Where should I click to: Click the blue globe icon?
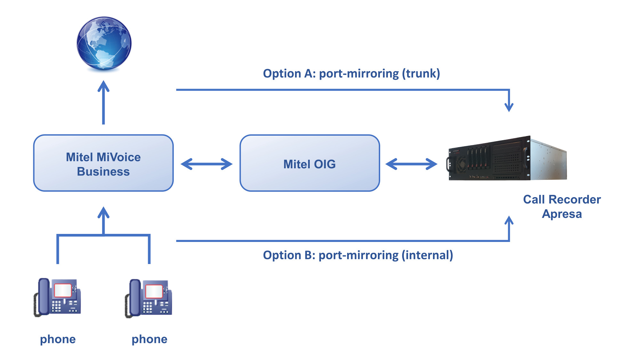(x=104, y=43)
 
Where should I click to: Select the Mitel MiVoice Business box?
(x=103, y=163)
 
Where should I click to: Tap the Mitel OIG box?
(x=309, y=163)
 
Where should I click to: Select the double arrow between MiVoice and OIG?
(x=207, y=164)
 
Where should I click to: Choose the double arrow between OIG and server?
(x=411, y=164)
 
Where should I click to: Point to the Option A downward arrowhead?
(x=509, y=107)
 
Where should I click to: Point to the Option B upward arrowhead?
(x=509, y=221)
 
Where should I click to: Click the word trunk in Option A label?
(x=421, y=74)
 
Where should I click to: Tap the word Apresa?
(x=562, y=214)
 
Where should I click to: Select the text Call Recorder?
(x=562, y=199)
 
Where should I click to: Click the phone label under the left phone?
(x=58, y=339)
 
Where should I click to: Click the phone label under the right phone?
(x=149, y=339)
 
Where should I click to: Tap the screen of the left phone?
(x=63, y=290)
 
